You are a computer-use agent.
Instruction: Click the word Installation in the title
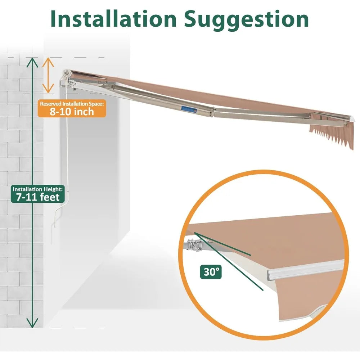113,19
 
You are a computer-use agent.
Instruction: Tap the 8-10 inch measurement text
72,112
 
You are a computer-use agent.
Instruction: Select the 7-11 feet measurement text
38,197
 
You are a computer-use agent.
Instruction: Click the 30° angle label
211,272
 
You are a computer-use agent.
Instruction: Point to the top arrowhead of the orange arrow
48,62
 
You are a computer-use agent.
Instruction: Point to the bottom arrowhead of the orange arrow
48,89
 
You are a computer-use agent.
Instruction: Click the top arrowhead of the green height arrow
32,62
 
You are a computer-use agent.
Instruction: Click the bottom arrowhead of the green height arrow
32,323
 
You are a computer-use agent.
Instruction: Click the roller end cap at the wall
68,74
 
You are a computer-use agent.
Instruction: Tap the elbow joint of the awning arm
212,112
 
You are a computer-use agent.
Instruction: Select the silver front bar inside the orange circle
306,270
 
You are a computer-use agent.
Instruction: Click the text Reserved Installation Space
72,104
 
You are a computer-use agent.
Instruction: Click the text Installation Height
38,189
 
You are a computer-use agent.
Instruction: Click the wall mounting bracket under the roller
68,84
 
